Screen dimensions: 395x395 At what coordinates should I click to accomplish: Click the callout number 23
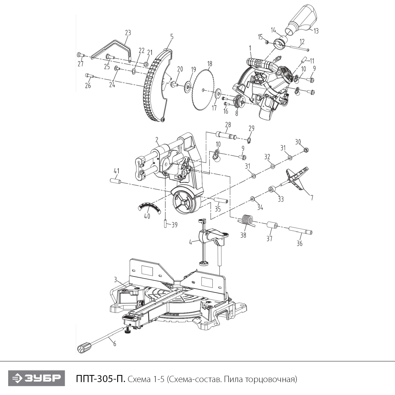(128, 33)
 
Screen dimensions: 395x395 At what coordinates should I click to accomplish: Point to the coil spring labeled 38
(246, 220)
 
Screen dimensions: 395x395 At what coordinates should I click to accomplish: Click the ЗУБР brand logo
(36, 378)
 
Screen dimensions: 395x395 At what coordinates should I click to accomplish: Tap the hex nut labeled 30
(306, 150)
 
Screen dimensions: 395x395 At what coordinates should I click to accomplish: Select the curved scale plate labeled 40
(149, 207)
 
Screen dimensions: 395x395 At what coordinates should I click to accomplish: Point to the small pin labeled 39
(165, 224)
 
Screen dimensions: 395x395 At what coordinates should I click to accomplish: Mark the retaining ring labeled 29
(249, 140)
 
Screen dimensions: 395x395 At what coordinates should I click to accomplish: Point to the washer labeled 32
(273, 166)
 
